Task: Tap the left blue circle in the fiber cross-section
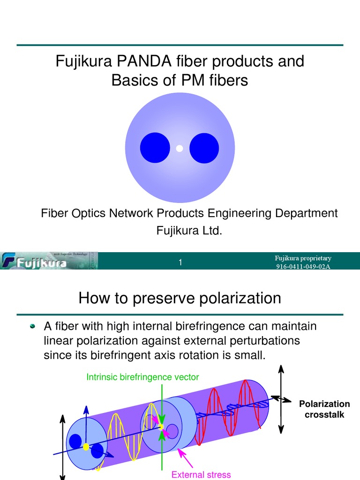point(155,148)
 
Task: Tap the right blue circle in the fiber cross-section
point(204,148)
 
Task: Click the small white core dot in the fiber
point(179,149)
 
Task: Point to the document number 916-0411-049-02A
point(303,267)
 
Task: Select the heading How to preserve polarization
point(180,298)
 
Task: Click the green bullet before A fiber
point(32,326)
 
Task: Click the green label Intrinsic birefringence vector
point(142,377)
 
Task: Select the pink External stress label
point(201,474)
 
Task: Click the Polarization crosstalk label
point(324,409)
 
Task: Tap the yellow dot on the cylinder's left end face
point(86,447)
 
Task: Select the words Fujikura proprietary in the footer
point(303,258)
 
